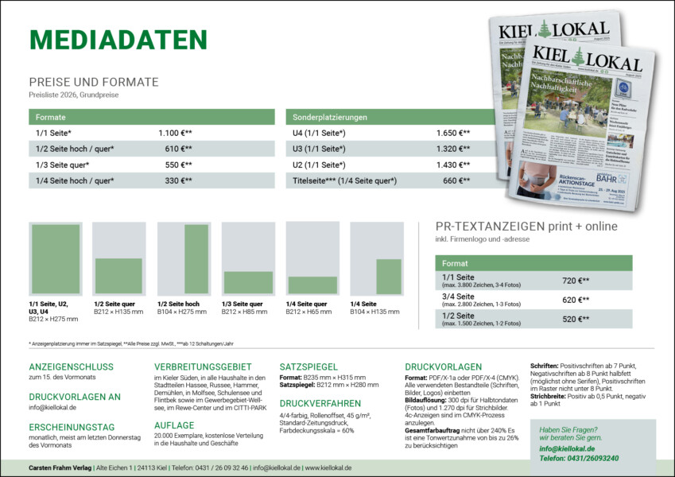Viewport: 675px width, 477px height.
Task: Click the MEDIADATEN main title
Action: coord(118,41)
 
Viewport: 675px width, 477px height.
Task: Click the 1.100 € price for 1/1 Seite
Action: coord(175,133)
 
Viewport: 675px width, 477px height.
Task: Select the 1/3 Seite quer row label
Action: coord(62,165)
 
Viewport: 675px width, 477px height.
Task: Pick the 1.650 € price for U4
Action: coord(452,133)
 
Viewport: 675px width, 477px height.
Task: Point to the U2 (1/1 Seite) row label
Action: coord(319,165)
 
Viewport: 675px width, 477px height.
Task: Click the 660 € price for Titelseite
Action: coord(456,180)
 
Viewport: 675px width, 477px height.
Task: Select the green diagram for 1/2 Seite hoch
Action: coord(196,259)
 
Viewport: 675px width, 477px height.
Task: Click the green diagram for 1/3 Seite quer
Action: coord(248,282)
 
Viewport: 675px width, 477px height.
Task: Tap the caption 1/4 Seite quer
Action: coord(306,304)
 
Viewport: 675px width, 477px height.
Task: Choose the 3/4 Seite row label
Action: coord(458,296)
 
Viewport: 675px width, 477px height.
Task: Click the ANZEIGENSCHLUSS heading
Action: coord(71,366)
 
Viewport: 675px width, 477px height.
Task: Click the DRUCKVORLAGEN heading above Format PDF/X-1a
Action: coord(443,366)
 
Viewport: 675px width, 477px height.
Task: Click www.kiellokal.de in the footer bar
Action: coord(328,468)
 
